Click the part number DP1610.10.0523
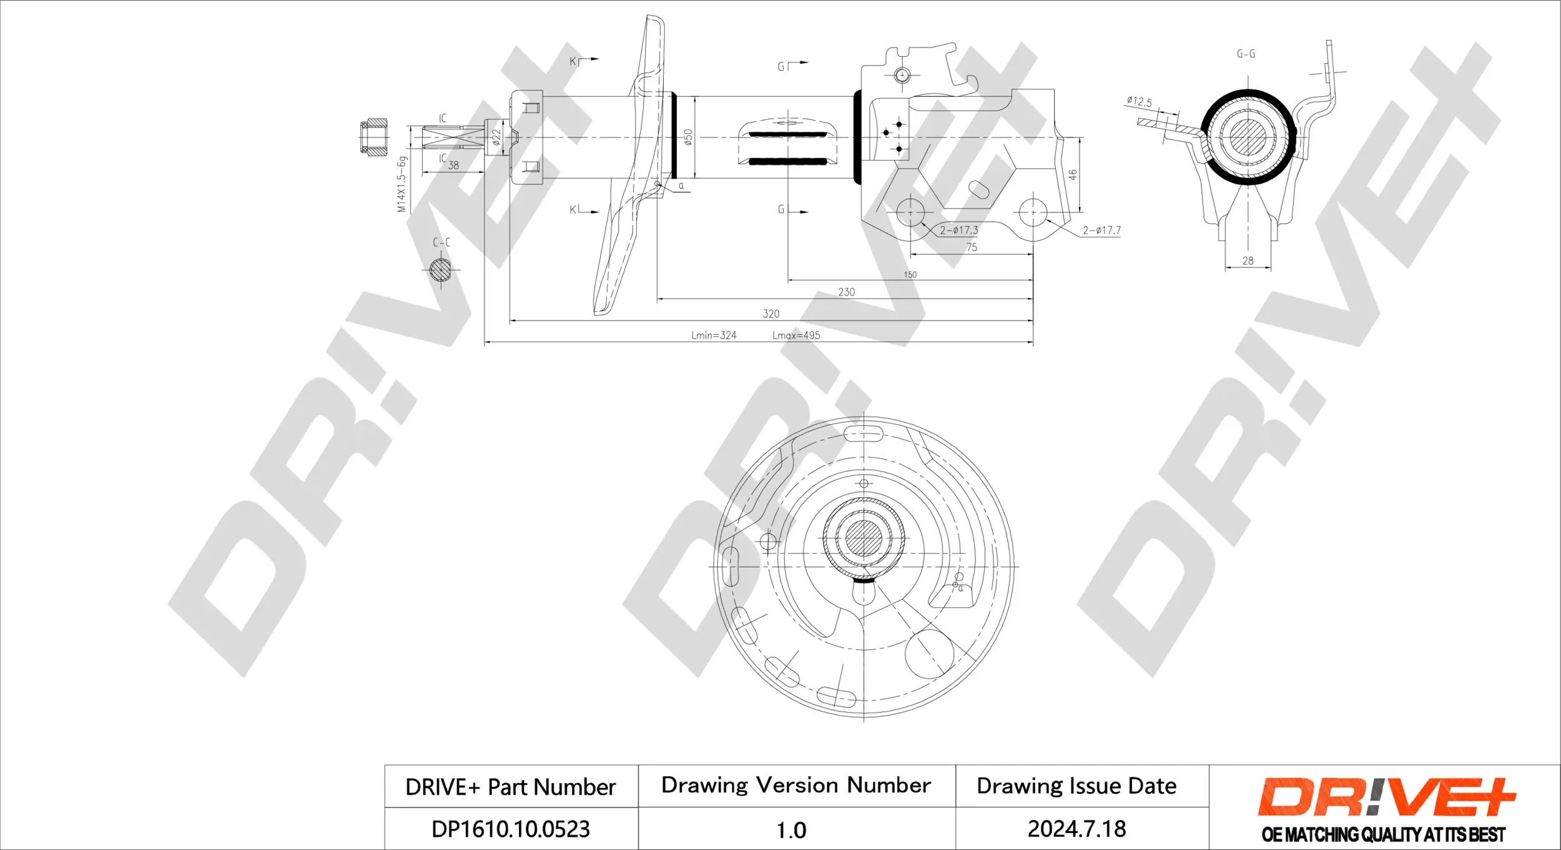pyautogui.click(x=510, y=829)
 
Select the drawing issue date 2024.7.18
pyautogui.click(x=1076, y=829)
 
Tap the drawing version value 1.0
pyautogui.click(x=791, y=830)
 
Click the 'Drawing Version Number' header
pyautogui.click(x=796, y=785)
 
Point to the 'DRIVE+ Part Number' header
pyautogui.click(x=510, y=787)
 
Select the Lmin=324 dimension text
pyautogui.click(x=714, y=335)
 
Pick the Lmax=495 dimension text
pyautogui.click(x=796, y=335)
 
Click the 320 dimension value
pyautogui.click(x=771, y=314)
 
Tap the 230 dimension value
pyautogui.click(x=846, y=292)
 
